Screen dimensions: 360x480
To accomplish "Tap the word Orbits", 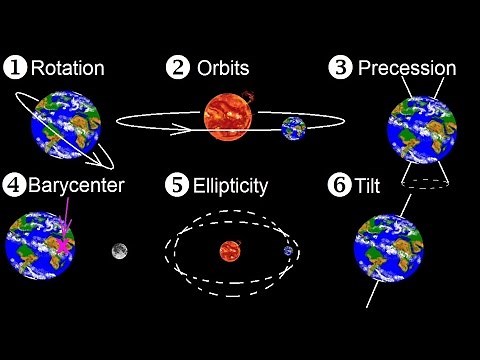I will [x=223, y=69].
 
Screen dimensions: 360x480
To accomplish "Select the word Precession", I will [x=407, y=69].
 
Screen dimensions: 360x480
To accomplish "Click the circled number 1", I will [x=17, y=69].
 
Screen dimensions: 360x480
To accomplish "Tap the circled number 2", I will [x=177, y=69].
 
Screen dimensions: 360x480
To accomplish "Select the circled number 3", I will [x=340, y=69].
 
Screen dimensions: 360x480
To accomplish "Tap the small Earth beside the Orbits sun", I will [x=294, y=128].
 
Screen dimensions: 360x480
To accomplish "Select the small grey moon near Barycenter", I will [x=119, y=250].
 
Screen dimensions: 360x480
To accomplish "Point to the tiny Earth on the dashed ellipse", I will [x=289, y=251].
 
